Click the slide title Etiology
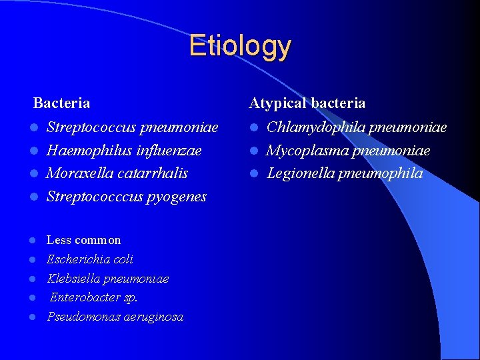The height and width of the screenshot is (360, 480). click(240, 46)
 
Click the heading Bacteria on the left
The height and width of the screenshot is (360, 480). click(61, 103)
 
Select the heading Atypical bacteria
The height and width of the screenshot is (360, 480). click(307, 103)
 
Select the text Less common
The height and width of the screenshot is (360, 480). click(83, 240)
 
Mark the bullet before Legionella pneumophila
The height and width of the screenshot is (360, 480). click(254, 174)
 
